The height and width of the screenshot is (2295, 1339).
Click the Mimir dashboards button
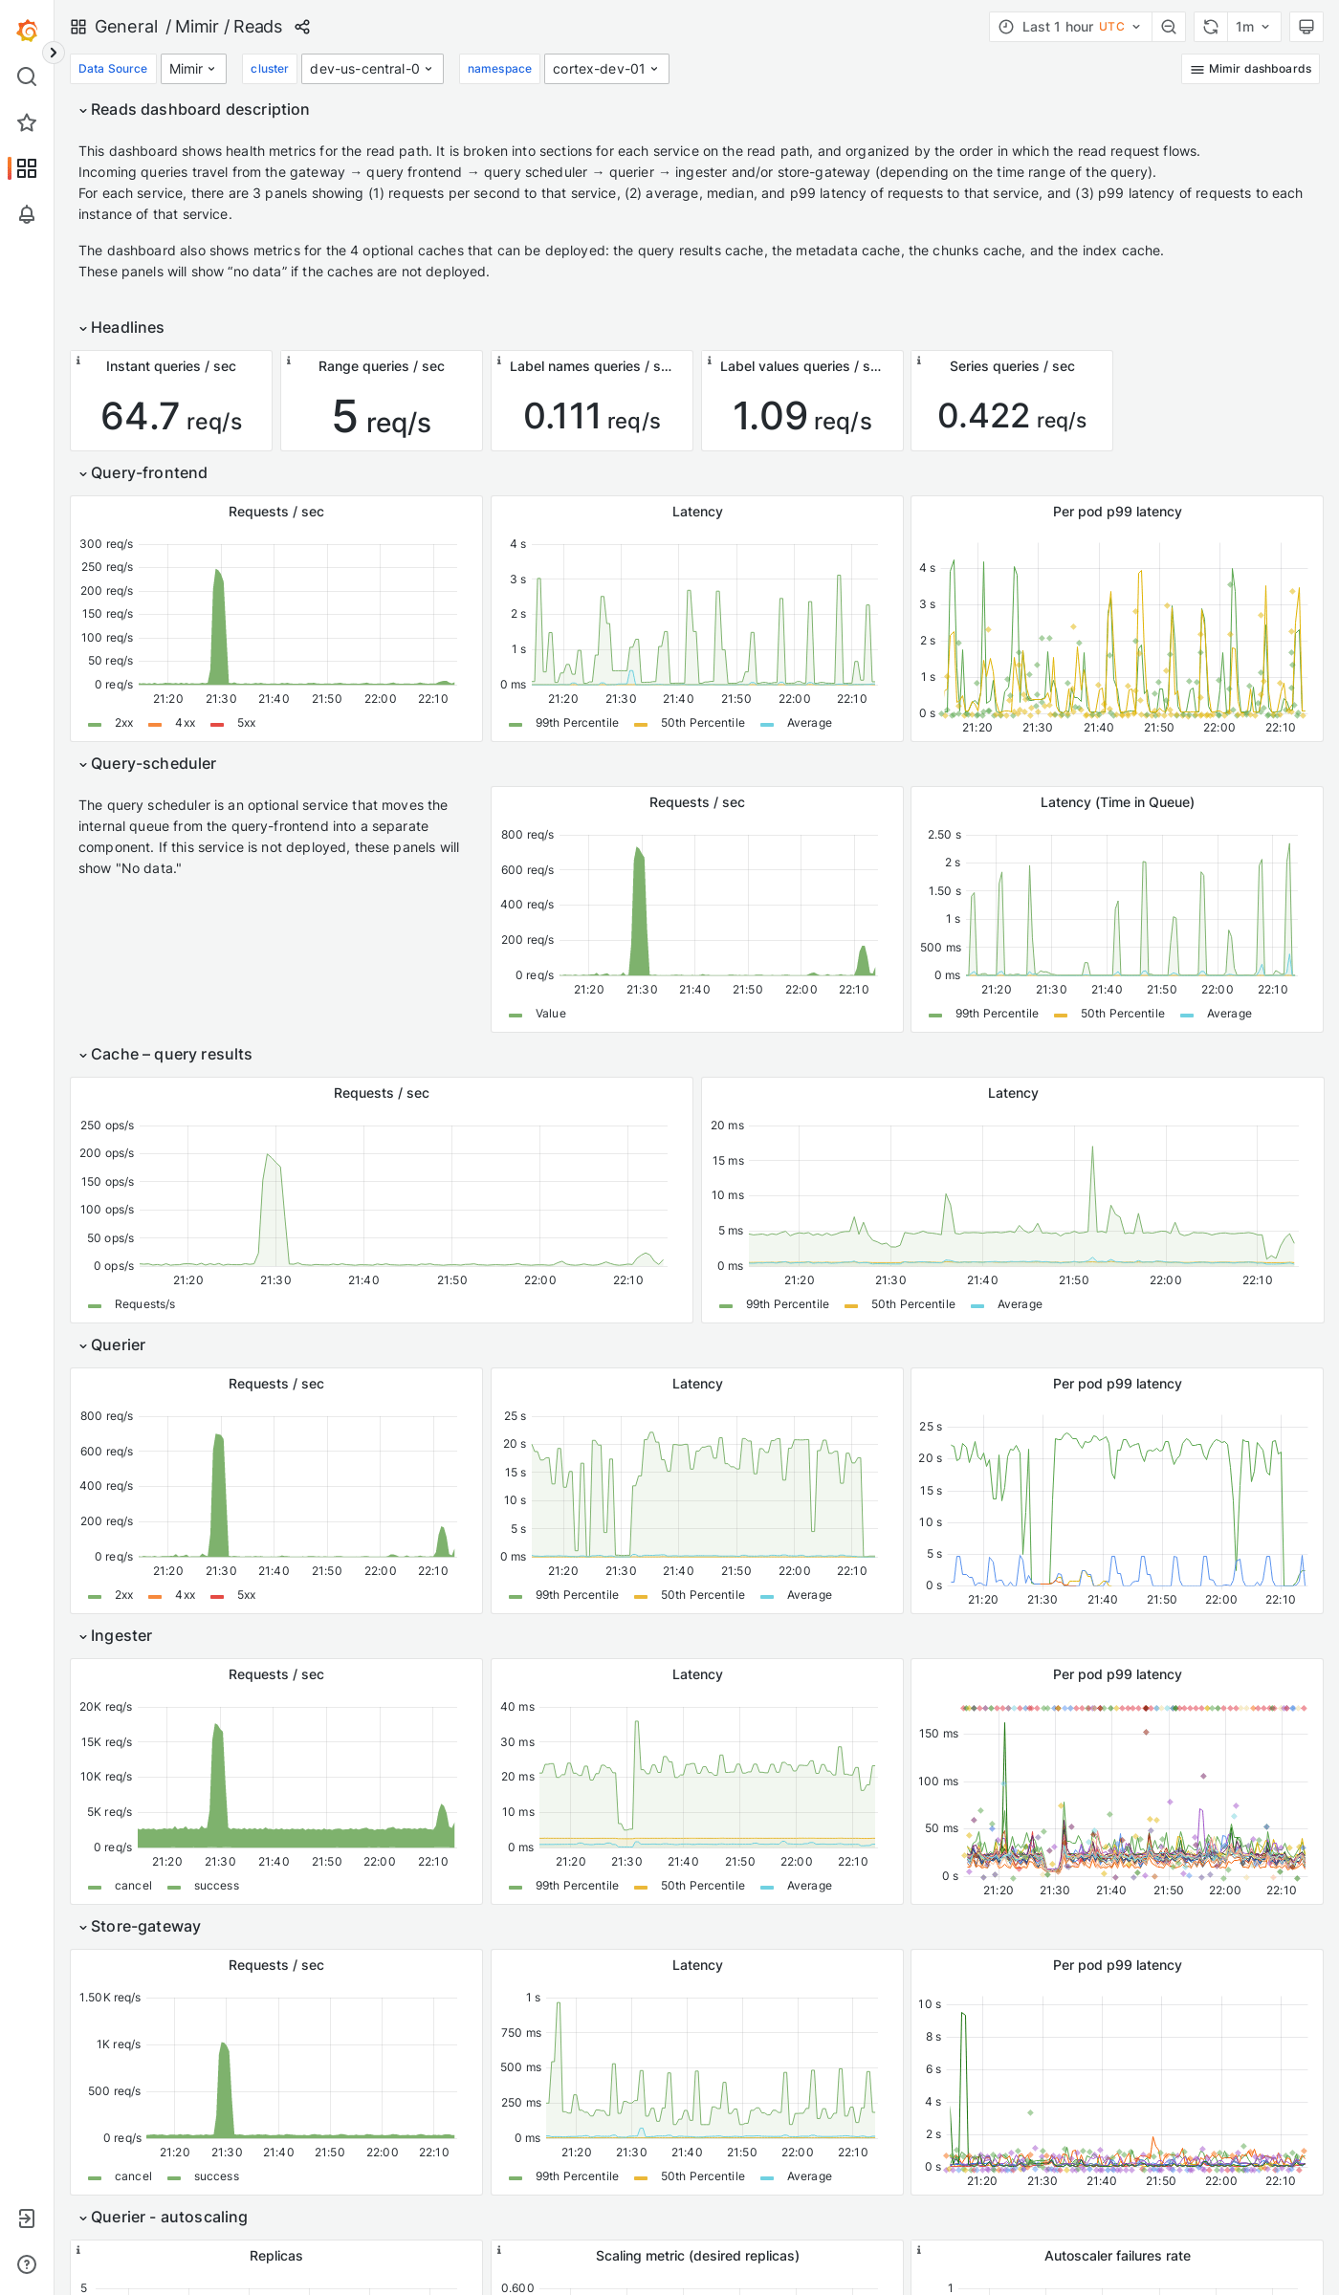[x=1250, y=69]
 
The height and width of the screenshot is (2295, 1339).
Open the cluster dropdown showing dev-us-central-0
[x=372, y=69]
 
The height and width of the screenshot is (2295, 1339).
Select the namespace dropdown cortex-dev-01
[x=605, y=69]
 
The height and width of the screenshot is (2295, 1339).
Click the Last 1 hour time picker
[x=1070, y=27]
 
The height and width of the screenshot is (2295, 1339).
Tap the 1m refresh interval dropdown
[x=1252, y=27]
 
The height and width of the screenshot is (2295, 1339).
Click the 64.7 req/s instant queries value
[x=171, y=417]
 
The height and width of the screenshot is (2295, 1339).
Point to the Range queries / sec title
[x=381, y=366]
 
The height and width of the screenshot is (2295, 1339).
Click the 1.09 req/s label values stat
[x=801, y=417]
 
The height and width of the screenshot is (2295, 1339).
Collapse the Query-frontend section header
[x=148, y=472]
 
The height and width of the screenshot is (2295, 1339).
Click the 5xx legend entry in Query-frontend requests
[x=246, y=723]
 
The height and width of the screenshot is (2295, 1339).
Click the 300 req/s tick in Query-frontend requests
[x=106, y=544]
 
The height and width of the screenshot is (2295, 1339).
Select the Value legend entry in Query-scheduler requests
[x=550, y=1014]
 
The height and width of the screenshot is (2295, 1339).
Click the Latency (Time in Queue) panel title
[x=1116, y=802]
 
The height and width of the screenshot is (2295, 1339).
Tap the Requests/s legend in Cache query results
[x=144, y=1304]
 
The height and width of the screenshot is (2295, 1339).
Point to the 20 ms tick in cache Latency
[x=727, y=1126]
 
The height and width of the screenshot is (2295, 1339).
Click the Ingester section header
[x=121, y=1635]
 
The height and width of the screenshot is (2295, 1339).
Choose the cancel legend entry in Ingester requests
[x=133, y=1886]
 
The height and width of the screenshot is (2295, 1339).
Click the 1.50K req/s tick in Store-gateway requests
[x=110, y=1998]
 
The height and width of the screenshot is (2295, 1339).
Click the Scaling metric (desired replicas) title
[x=696, y=2256]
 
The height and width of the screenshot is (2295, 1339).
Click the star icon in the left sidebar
[x=27, y=122]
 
